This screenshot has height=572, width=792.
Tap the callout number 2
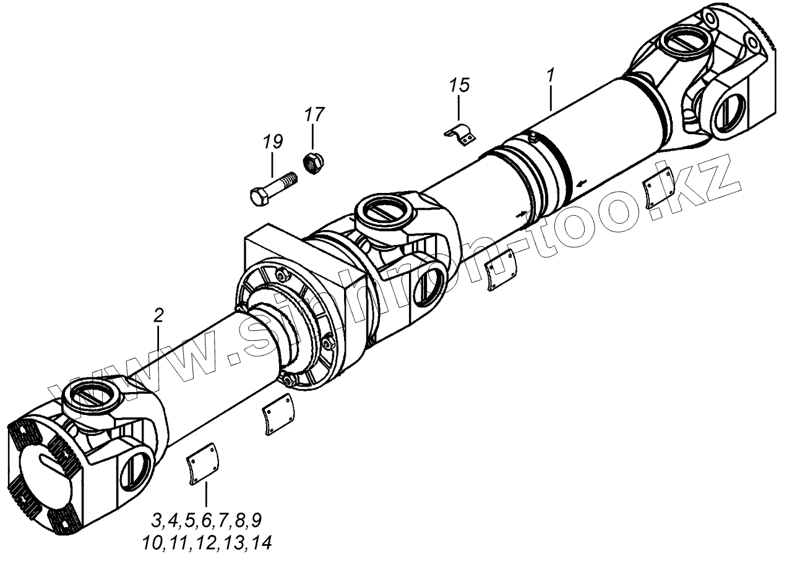[158, 316]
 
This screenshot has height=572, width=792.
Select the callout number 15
[460, 85]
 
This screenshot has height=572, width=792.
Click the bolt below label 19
[272, 187]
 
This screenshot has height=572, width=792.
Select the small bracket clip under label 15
[462, 135]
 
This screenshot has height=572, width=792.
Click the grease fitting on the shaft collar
[531, 134]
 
